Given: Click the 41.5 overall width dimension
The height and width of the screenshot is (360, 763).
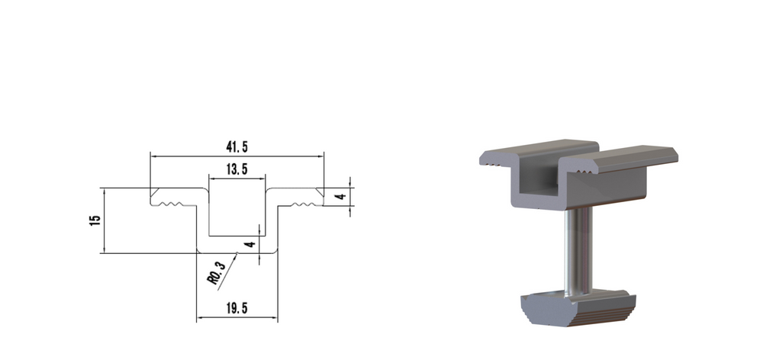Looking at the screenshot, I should click(237, 146).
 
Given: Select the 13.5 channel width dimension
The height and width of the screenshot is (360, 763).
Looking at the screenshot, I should click(237, 170).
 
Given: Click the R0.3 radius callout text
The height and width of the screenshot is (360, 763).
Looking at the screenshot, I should click(217, 272).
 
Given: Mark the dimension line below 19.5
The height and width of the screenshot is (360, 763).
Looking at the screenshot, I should click(237, 319).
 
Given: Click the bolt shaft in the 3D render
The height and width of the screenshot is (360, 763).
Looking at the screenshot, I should click(578, 248).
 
